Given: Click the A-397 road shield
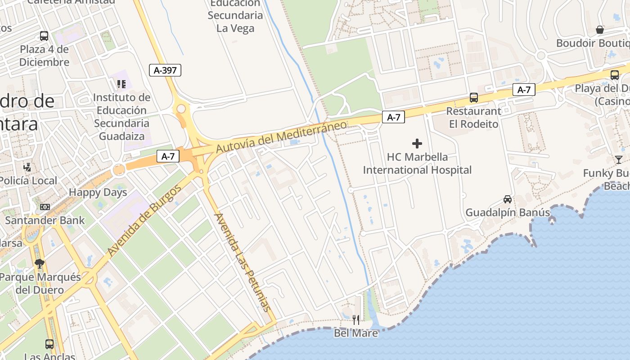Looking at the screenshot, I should click(x=165, y=70).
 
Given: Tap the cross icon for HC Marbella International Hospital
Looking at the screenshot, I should click(x=417, y=144).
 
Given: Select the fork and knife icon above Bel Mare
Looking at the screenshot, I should click(x=356, y=319).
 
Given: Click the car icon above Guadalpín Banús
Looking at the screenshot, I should click(x=508, y=199).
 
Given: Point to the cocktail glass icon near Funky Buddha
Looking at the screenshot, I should click(x=619, y=159).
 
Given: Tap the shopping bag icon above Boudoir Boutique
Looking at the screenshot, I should click(x=600, y=30).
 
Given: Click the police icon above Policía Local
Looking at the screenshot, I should click(x=27, y=167).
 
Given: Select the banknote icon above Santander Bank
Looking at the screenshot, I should click(x=45, y=207).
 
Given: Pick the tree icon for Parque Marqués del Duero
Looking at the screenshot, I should click(x=40, y=264).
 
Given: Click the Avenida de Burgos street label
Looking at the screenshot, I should click(x=144, y=220).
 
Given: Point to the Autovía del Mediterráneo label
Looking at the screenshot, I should click(x=281, y=136).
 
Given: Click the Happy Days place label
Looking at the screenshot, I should click(x=98, y=193).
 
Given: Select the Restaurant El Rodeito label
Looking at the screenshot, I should click(x=473, y=117).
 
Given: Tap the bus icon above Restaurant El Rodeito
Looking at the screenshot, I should click(x=473, y=97).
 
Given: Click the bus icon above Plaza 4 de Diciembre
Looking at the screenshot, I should click(x=44, y=36).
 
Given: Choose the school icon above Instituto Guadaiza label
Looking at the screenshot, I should click(x=121, y=84).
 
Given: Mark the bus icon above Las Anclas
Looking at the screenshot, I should click(x=49, y=344).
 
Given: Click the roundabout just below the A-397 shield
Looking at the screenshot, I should click(x=181, y=109).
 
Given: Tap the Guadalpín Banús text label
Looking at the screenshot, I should click(x=507, y=212).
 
